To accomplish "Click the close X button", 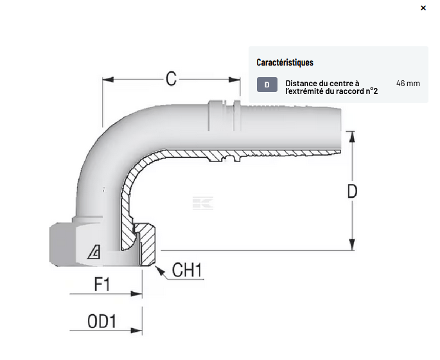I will tap(423, 8).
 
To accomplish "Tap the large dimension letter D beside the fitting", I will tap(352, 191).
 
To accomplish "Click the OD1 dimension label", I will tap(102, 321).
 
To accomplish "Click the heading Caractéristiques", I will tap(285, 62).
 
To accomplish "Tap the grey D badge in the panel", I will tap(267, 84).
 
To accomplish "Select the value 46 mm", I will tap(408, 84).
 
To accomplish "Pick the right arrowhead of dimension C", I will tap(235, 80).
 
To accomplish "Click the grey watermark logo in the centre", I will tap(202, 203).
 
